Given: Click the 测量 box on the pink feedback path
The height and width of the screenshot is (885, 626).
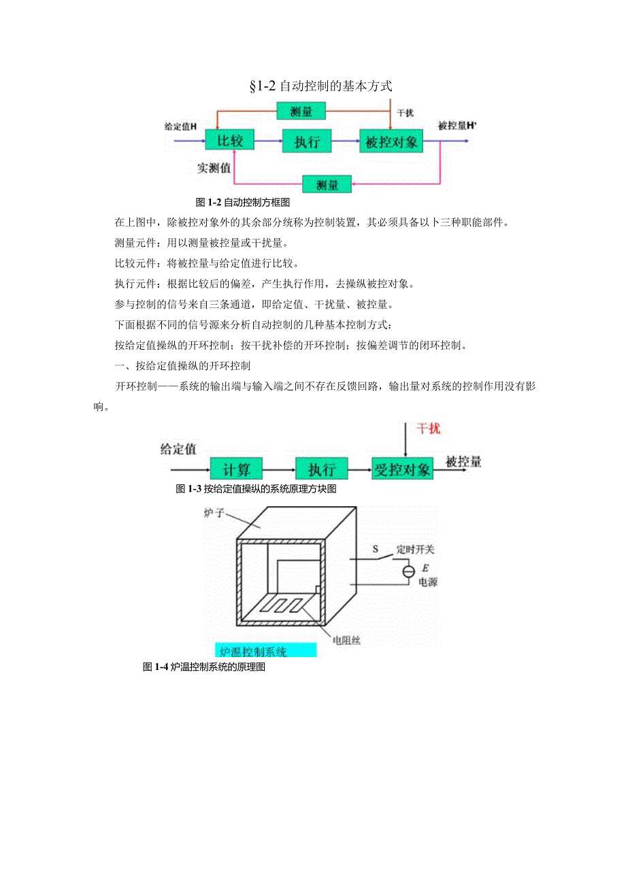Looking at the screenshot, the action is click(327, 184).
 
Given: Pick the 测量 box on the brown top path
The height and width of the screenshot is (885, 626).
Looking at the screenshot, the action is click(301, 111).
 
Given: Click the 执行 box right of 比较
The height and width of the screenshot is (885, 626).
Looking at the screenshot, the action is click(311, 142).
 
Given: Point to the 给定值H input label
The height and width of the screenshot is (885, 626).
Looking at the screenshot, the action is click(180, 127).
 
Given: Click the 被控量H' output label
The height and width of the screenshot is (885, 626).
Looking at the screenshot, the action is click(457, 126).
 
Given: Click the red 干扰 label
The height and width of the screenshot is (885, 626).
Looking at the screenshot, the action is click(429, 429).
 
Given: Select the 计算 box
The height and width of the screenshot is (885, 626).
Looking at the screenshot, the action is click(235, 469).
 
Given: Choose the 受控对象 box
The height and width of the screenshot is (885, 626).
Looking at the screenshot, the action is click(403, 469).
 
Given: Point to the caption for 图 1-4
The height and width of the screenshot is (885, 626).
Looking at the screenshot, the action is click(203, 667).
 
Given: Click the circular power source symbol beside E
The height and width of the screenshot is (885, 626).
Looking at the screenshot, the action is click(408, 571).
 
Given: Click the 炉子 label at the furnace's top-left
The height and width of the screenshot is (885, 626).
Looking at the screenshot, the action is click(214, 511).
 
